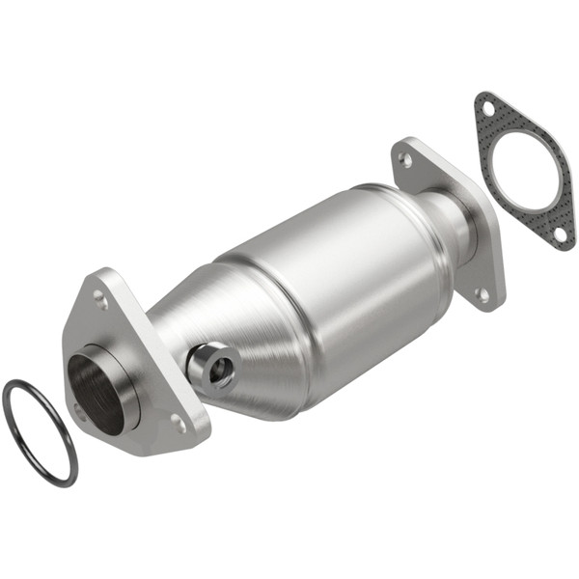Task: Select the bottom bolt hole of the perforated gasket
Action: pyautogui.click(x=559, y=232)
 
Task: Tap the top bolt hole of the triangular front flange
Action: pyautogui.click(x=100, y=298)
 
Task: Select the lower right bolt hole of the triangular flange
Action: pyautogui.click(x=178, y=422)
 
